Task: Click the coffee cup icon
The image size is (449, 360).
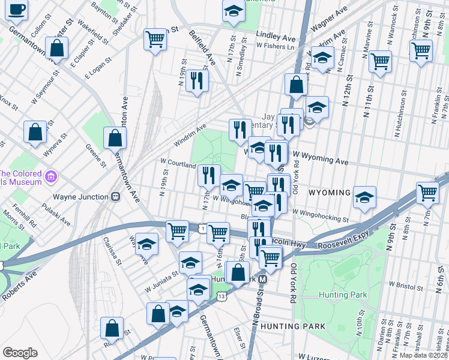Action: [x=17, y=10]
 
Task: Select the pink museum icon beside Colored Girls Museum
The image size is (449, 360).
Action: [x=50, y=177]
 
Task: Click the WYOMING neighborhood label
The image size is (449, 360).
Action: [x=329, y=193]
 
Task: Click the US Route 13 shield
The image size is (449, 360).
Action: [x=222, y=296]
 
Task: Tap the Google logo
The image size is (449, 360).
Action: [x=20, y=353]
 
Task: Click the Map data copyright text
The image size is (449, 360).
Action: [x=423, y=355]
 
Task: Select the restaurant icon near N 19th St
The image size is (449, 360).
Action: [x=197, y=80]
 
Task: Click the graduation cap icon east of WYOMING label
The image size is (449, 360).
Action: [x=364, y=197]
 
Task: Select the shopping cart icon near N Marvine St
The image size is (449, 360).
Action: [x=380, y=61]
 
